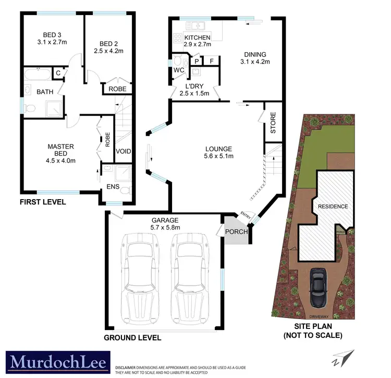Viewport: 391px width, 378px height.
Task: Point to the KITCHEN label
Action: coord(197,38)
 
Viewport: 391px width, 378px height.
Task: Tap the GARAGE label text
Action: coord(165,221)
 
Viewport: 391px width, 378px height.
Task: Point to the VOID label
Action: coord(123,152)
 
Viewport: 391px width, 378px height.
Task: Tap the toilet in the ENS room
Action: coord(124,191)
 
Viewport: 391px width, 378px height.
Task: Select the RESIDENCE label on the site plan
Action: coord(333,206)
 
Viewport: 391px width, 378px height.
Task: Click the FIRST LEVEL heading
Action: coord(43,202)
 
